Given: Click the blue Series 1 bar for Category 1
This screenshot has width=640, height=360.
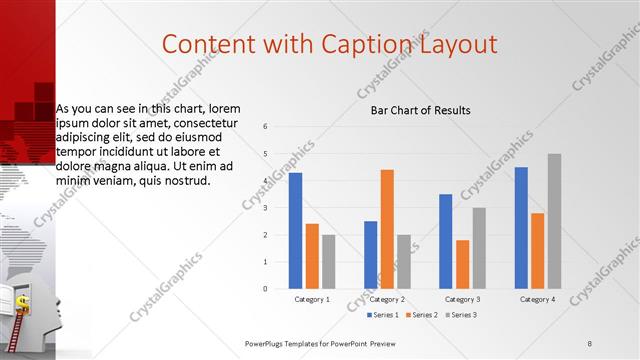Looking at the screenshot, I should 295,231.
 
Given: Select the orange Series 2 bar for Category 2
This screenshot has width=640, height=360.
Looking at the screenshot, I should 387,229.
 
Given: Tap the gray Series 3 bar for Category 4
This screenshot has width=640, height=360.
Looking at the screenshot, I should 554,221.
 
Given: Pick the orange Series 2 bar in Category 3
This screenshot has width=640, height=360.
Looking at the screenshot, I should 462,264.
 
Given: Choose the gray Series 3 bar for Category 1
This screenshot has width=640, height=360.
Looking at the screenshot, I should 328,262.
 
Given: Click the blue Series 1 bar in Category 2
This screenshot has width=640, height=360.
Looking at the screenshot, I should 371,255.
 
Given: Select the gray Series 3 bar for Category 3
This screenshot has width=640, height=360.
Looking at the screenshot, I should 479,248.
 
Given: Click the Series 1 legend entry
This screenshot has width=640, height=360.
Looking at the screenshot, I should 384,315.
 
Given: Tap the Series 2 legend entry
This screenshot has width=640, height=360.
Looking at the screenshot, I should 421,315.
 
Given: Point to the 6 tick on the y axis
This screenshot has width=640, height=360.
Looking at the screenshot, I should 265,127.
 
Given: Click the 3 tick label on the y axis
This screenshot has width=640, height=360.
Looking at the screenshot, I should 265,208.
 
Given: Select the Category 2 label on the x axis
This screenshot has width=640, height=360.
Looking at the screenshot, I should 387,299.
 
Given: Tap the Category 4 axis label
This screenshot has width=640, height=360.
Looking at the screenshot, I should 537,299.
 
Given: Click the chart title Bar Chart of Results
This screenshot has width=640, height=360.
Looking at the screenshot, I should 420,110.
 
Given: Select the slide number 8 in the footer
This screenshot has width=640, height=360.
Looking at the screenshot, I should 590,343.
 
